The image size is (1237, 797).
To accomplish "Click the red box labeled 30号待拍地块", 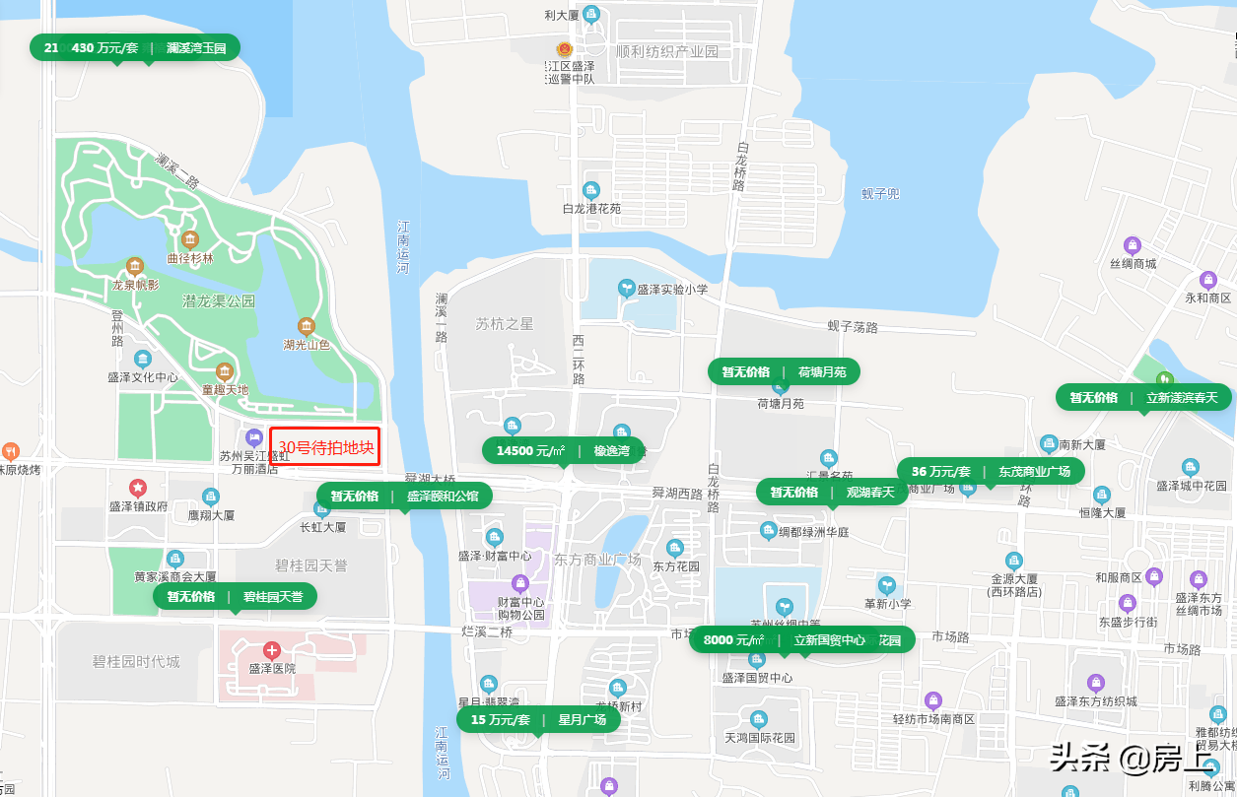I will click(x=325, y=446).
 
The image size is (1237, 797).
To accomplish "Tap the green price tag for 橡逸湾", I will click(x=563, y=450).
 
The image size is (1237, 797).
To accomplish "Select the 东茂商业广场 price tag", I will click(x=991, y=471).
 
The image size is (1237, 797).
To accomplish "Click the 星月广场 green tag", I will click(x=538, y=719).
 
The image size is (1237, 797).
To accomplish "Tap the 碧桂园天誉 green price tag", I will click(x=235, y=596).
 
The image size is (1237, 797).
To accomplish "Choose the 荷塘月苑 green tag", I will click(x=784, y=371).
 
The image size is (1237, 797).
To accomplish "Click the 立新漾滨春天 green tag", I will click(x=1143, y=397).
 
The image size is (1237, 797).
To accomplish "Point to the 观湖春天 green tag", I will click(x=832, y=492).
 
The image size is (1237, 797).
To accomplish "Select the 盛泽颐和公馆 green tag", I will click(x=404, y=496).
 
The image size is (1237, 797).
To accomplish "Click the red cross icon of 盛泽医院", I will click(x=272, y=650).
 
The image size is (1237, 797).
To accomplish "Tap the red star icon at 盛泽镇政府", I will click(x=138, y=488).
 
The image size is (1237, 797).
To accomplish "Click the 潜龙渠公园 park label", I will click(x=219, y=300).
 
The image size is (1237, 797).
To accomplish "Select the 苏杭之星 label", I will click(x=504, y=323).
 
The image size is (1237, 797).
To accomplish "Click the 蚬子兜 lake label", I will click(x=880, y=193).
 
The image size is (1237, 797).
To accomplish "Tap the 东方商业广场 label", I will click(x=597, y=560).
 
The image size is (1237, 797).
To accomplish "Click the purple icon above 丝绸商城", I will click(x=1133, y=244).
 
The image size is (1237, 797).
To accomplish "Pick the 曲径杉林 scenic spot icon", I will click(x=189, y=239).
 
